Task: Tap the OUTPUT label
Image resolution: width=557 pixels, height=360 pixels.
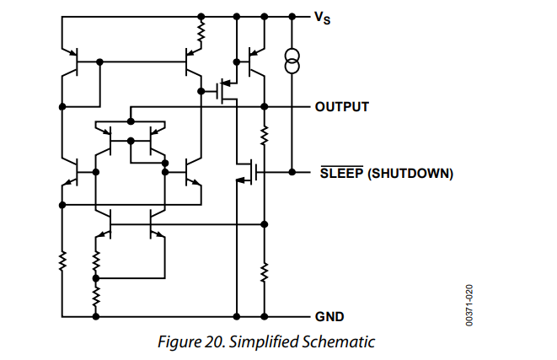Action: [341, 107]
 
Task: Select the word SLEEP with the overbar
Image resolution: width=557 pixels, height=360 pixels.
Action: [340, 174]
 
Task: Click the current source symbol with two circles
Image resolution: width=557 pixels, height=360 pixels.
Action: [292, 61]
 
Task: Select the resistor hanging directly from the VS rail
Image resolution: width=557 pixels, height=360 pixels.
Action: [201, 34]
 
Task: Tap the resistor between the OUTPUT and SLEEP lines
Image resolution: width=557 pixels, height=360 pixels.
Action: [265, 135]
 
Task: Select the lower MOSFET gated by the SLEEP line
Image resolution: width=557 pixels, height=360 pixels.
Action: [247, 173]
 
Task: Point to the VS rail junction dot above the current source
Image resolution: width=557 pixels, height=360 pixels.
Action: [292, 16]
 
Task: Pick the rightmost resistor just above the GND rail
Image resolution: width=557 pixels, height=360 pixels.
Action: [265, 271]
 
